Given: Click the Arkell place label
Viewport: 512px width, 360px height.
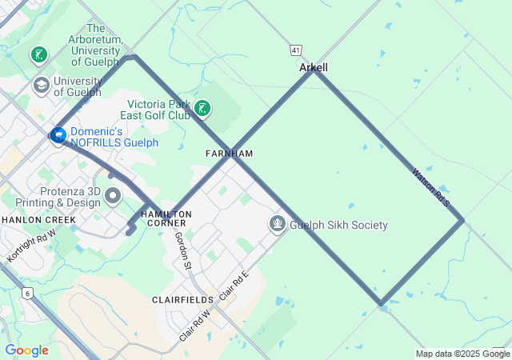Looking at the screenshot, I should (314, 68).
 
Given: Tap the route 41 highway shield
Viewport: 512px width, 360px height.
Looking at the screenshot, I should (296, 50).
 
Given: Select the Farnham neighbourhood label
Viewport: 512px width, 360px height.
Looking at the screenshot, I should (229, 154).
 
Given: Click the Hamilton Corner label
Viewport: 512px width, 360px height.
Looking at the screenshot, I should (166, 218).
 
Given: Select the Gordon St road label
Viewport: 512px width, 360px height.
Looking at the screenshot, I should (183, 250).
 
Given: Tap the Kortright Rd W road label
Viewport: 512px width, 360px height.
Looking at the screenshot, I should (31, 247).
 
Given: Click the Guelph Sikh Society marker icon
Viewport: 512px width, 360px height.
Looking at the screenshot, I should (278, 224).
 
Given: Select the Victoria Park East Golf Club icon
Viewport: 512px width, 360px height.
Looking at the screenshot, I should (203, 109).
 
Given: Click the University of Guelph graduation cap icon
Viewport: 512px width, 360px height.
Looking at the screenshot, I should (41, 85).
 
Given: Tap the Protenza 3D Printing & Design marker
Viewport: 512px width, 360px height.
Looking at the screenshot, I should (113, 195).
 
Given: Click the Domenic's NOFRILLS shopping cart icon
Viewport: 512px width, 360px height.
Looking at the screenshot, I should (58, 136).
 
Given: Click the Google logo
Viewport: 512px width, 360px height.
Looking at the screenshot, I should (27, 350).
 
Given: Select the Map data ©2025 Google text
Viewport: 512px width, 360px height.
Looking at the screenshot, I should (462, 354).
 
